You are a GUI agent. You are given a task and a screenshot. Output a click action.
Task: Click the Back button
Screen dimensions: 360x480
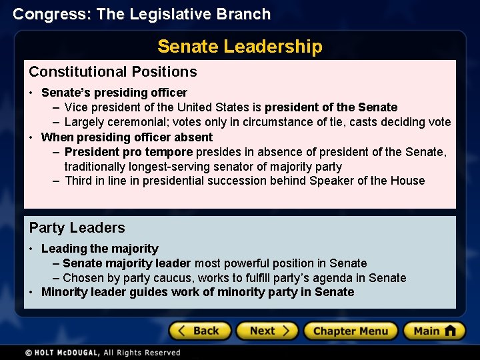click(x=199, y=331)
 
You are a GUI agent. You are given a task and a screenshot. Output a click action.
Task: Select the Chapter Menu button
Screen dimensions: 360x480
click(x=350, y=331)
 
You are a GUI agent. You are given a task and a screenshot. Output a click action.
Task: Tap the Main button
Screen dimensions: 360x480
click(x=433, y=331)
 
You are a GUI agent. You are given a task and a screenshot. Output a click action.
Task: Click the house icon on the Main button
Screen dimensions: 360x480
click(x=450, y=330)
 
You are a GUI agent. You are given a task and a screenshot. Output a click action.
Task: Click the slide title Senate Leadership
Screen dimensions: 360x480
click(x=239, y=47)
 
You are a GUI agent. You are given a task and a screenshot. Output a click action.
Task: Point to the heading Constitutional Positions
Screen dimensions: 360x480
click(x=113, y=72)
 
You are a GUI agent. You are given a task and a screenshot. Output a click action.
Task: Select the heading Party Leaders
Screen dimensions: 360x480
click(x=77, y=228)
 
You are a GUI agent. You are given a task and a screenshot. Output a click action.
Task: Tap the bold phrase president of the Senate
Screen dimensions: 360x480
click(x=331, y=107)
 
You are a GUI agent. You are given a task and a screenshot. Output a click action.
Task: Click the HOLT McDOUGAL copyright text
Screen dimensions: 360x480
click(x=103, y=353)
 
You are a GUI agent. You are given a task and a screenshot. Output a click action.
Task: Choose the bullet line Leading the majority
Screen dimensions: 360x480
click(x=99, y=249)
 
